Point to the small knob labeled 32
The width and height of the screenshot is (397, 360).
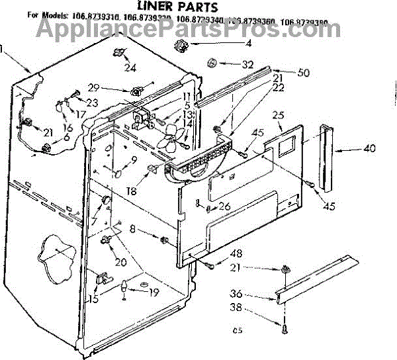(x=212, y=64)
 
